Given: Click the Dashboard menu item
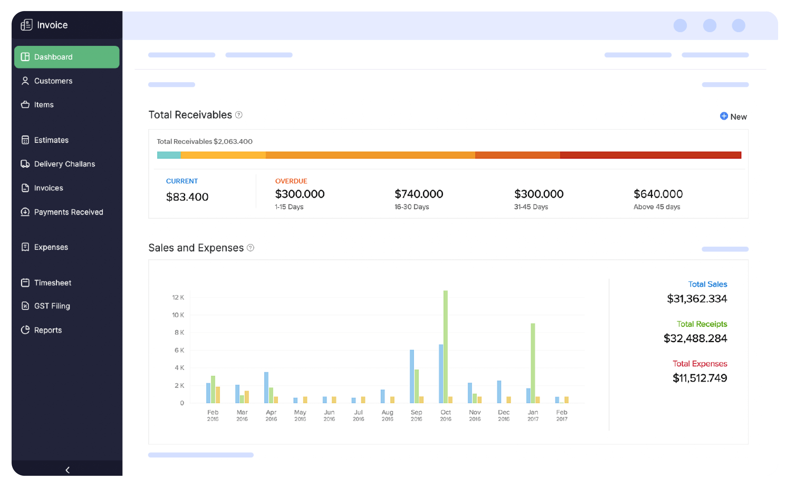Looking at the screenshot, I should click(x=67, y=57).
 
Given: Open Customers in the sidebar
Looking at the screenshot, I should click(x=53, y=81).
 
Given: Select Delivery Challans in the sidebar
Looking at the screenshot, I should click(x=64, y=164).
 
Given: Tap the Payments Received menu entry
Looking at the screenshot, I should click(x=68, y=212).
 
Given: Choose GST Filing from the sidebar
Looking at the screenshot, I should click(x=52, y=306).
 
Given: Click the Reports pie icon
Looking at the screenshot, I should click(x=25, y=330).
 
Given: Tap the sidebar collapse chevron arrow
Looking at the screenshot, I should click(x=67, y=470).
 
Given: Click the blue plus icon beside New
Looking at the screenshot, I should click(x=724, y=116).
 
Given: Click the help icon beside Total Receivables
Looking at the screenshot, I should click(x=239, y=115).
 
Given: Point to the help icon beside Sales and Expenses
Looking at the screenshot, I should click(x=250, y=248).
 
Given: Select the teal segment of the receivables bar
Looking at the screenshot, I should click(x=169, y=155).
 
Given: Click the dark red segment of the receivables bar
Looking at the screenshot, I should click(x=650, y=155).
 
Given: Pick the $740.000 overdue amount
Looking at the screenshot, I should click(x=419, y=194).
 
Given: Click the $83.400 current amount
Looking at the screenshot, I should click(x=187, y=197).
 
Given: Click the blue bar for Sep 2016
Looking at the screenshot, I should click(x=412, y=376).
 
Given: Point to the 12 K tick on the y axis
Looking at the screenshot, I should click(x=178, y=297).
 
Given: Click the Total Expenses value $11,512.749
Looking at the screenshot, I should click(x=700, y=378).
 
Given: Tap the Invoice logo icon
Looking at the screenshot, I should click(x=26, y=25).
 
